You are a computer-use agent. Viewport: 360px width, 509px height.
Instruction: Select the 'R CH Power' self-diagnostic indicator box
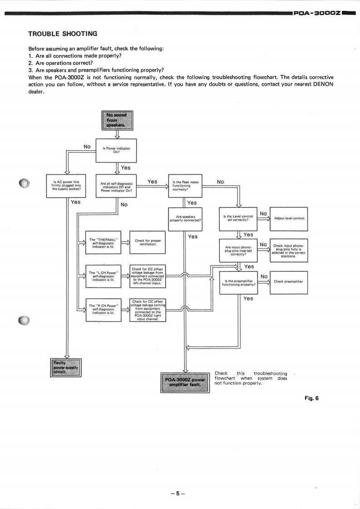click(104, 310)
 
